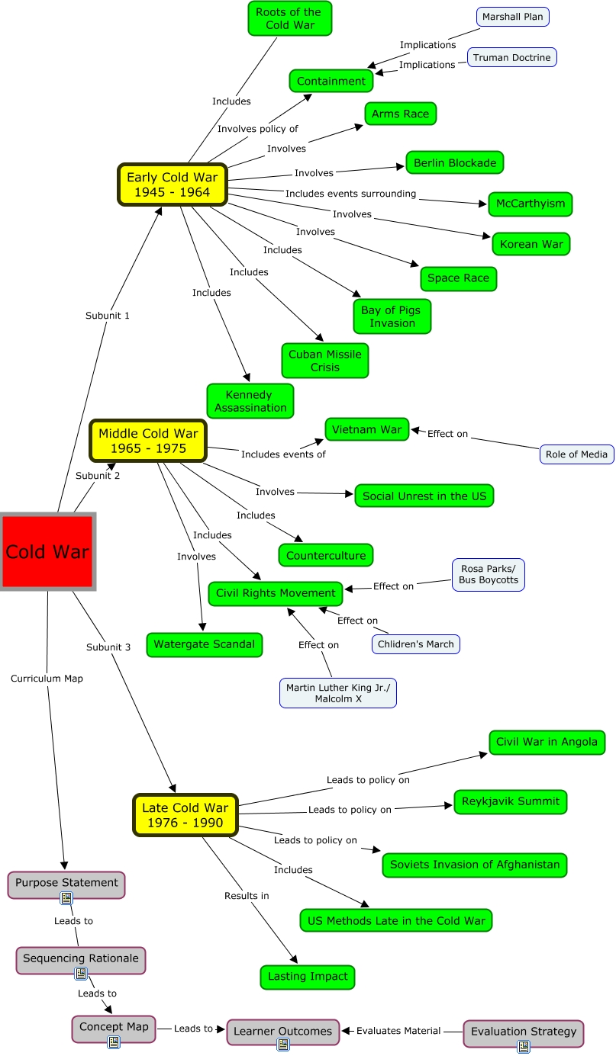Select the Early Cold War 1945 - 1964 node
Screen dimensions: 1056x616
point(173,184)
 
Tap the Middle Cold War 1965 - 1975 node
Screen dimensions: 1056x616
point(148,441)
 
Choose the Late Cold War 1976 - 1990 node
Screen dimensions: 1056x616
point(185,815)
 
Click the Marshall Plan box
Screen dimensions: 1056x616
point(512,17)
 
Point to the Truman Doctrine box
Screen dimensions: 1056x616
point(511,57)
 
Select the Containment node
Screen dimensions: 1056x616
point(331,81)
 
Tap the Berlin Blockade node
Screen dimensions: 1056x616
point(454,162)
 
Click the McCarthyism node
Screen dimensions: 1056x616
point(530,204)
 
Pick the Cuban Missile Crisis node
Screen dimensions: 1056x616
point(324,361)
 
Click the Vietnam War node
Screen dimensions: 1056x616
point(366,429)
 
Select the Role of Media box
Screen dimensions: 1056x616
point(576,454)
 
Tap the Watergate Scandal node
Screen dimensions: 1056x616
point(204,644)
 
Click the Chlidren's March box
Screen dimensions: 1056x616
point(415,644)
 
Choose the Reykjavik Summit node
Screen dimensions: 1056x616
point(511,801)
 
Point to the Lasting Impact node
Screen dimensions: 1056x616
point(308,977)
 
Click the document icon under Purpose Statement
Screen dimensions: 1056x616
point(66,898)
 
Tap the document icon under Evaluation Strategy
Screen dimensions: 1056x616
point(524,1047)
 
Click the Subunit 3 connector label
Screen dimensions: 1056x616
point(108,647)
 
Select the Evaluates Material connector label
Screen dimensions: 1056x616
point(398,1031)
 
